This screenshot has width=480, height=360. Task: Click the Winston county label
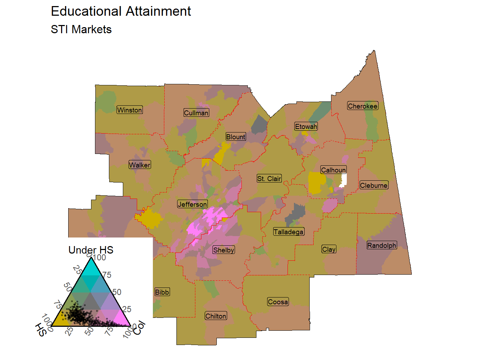click(130, 110)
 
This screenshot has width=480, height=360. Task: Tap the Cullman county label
click(196, 113)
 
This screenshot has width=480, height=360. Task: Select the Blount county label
click(236, 137)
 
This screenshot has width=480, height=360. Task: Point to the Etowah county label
click(306, 126)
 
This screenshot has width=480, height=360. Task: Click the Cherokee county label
click(362, 106)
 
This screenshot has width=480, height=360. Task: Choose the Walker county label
click(140, 165)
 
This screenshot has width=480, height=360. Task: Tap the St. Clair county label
click(269, 179)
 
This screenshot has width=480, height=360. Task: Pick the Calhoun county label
click(334, 170)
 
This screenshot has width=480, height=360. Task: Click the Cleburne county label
click(374, 185)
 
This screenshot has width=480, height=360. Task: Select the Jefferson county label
click(192, 204)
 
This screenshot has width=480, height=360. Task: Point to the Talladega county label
click(289, 232)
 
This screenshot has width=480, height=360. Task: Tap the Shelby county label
click(224, 250)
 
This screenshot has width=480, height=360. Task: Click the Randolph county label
click(382, 245)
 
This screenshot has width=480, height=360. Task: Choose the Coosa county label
click(278, 302)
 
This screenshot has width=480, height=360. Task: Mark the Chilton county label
click(216, 316)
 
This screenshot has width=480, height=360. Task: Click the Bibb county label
click(162, 292)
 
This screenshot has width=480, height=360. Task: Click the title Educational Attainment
click(121, 11)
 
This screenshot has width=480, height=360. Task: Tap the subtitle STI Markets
click(81, 29)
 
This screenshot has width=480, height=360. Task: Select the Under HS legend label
click(91, 250)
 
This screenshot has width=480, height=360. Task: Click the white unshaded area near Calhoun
click(344, 180)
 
